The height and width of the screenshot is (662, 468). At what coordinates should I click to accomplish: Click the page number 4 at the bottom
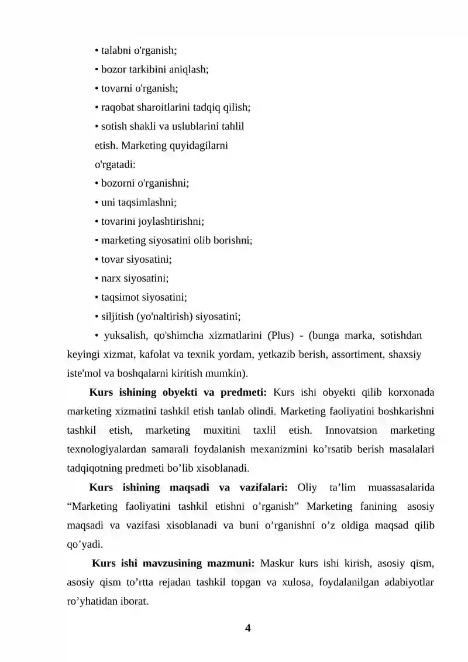[247, 628]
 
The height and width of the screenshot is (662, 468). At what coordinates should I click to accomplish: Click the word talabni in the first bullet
[117, 50]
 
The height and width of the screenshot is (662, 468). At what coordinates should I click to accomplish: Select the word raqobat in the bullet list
[117, 107]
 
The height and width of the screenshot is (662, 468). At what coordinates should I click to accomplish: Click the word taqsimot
[120, 297]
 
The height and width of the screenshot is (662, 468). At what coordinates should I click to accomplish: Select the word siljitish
[117, 317]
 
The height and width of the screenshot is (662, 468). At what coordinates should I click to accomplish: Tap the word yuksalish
[125, 336]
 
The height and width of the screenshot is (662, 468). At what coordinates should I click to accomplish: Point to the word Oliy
[307, 487]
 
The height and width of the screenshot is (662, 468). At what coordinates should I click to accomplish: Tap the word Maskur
[276, 564]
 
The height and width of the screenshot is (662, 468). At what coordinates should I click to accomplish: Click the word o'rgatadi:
[115, 164]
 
